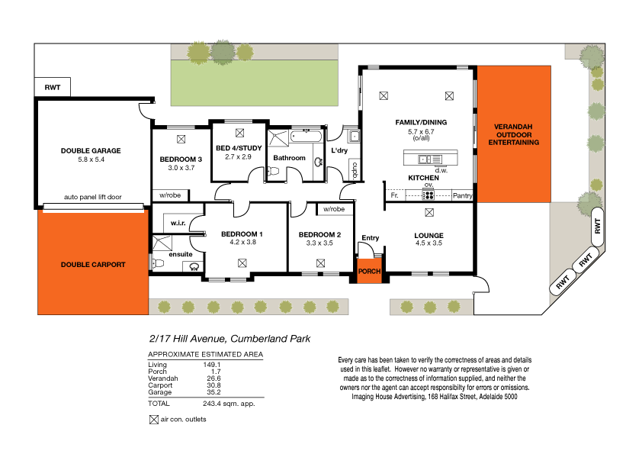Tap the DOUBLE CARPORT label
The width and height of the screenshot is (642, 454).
[x=92, y=265]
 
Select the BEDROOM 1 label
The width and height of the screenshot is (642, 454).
[x=242, y=234]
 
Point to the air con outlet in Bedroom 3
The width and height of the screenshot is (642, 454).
[x=181, y=139]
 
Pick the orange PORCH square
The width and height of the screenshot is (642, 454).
[x=369, y=271]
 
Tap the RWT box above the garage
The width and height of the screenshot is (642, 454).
[x=53, y=88]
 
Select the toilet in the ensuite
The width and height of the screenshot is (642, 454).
[x=158, y=264]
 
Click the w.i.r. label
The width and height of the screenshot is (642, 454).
[x=179, y=224]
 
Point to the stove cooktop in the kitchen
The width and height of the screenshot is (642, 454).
[x=428, y=195]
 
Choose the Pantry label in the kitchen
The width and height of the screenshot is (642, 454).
[x=462, y=196]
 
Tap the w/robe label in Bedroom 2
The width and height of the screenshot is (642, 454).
[x=333, y=209]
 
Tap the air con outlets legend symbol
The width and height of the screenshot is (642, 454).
[x=153, y=419]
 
